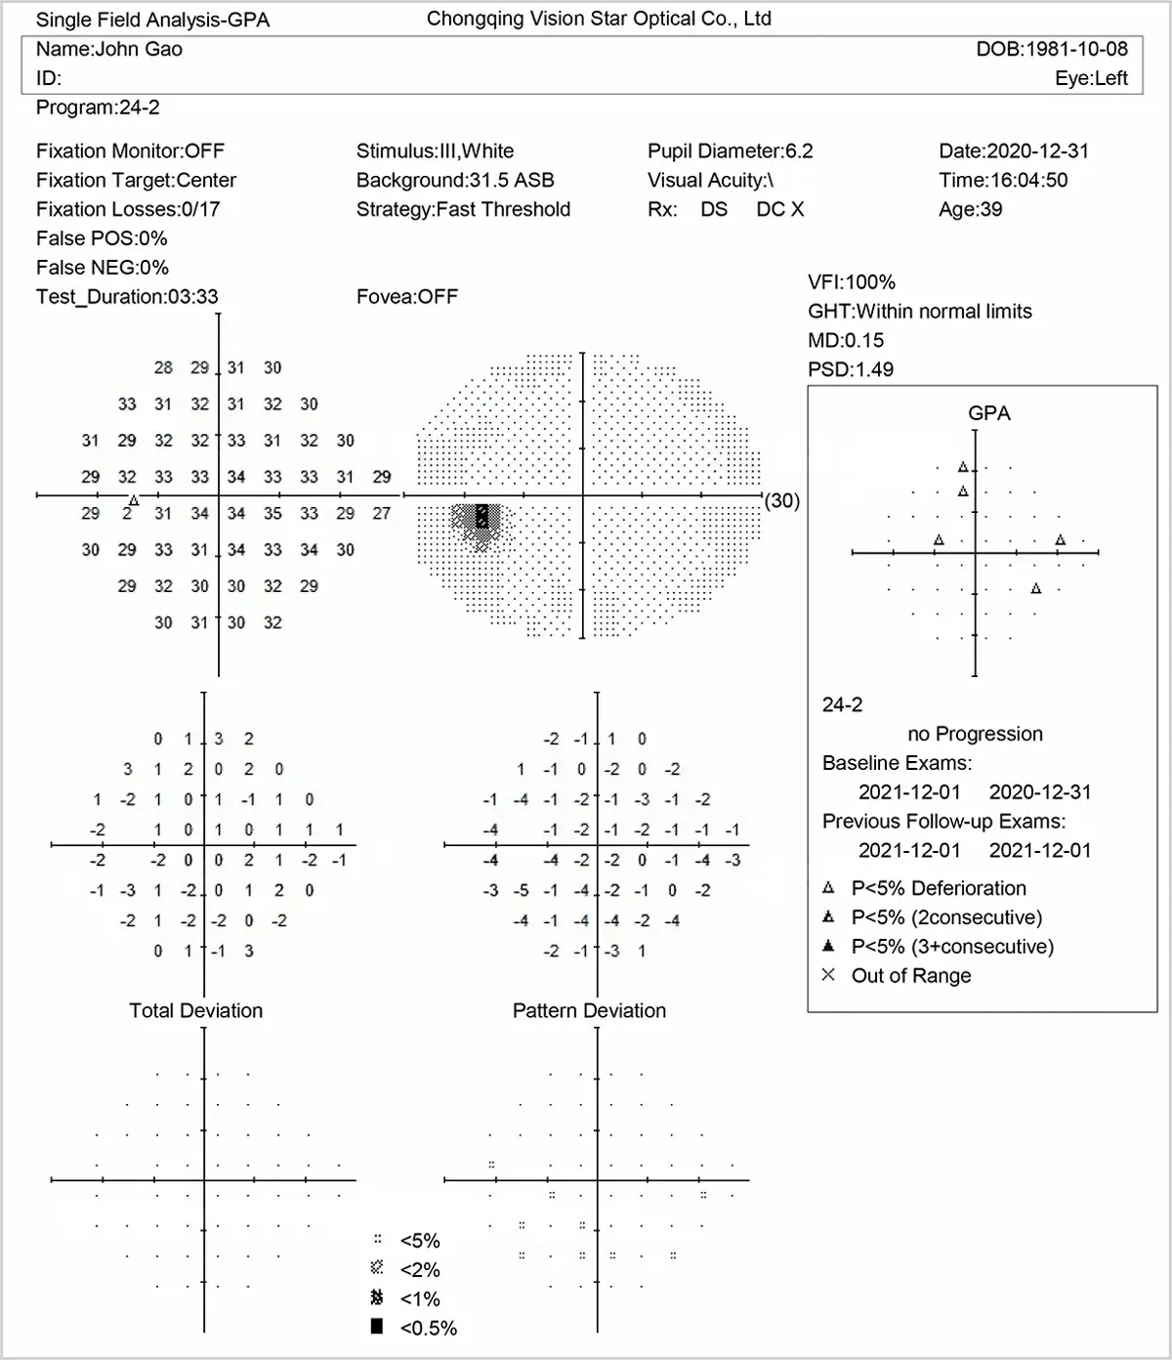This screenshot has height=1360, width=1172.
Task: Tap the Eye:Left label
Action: pos(1091,79)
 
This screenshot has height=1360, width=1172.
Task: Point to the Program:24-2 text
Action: pos(98,108)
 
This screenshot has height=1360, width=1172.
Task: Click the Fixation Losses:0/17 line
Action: pos(128,210)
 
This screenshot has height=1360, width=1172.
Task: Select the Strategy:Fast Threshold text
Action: pos(463,210)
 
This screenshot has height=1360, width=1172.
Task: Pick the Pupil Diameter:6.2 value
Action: pos(730,151)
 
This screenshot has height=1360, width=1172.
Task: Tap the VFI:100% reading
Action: pos(851,282)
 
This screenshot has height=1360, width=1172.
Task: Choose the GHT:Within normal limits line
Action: pos(919,312)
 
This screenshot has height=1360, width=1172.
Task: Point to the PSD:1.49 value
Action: pos(851,370)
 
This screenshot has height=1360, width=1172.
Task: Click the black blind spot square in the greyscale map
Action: pos(481,516)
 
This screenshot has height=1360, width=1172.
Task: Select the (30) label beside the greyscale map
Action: pos(781,501)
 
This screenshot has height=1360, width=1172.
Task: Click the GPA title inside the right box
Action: pos(988,414)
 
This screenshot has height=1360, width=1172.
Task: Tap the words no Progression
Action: pos(975,735)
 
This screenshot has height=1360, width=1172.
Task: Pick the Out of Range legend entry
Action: pos(910,976)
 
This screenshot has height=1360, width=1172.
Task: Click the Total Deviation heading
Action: pos(196,1011)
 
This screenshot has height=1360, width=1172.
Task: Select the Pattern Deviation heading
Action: pos(589,1011)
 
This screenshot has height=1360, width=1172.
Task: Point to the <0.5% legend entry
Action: pos(428,1329)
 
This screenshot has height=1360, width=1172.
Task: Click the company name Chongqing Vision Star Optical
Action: pos(599,19)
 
